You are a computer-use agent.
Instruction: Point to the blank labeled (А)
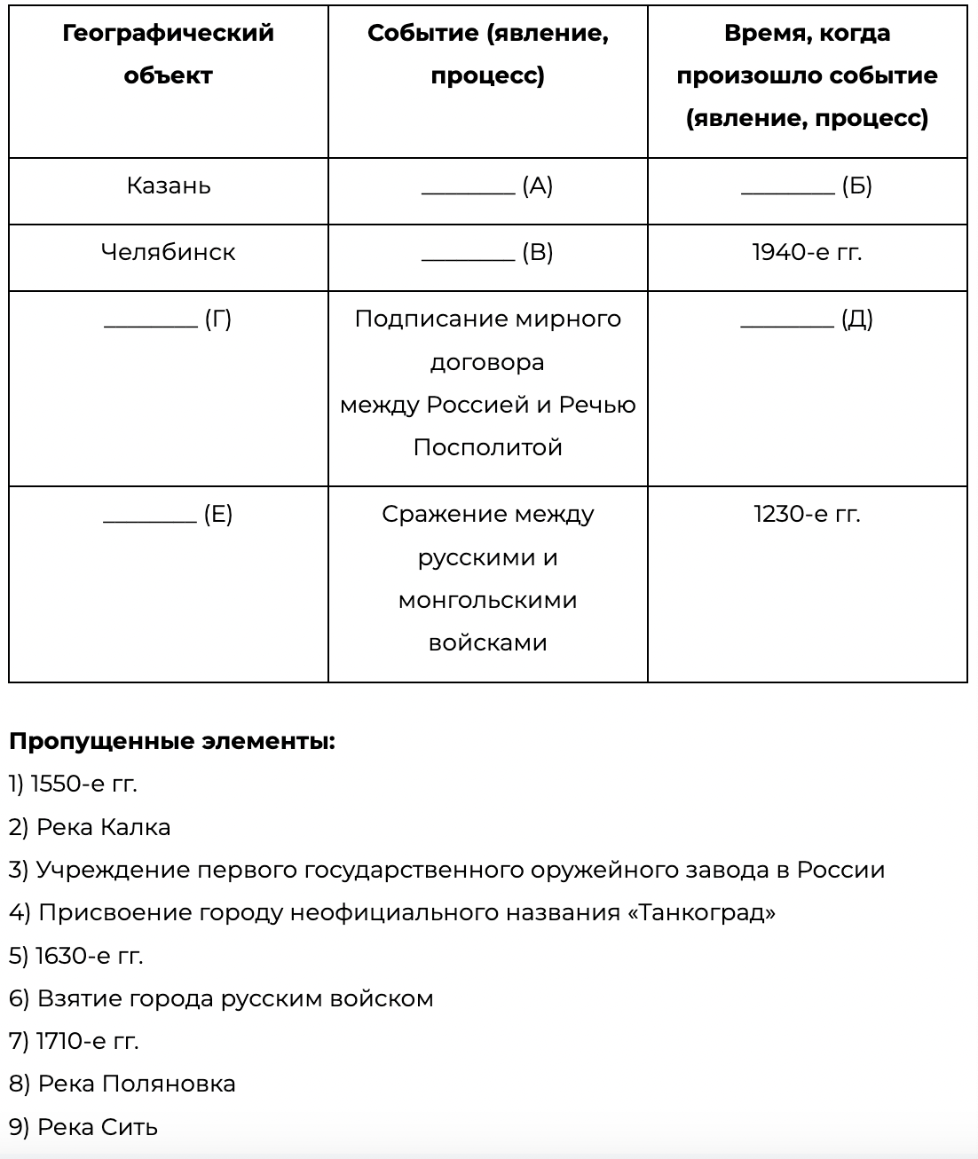469,188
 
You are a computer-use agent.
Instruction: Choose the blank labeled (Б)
788,188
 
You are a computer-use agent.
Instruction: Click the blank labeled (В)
469,255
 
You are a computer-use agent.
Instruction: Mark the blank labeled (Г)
151,321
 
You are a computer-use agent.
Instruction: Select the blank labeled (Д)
788,321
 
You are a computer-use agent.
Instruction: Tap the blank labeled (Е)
151,516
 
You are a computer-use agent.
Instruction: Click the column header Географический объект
169,54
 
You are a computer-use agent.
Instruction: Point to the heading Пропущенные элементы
172,742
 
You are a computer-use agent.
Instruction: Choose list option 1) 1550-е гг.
74,784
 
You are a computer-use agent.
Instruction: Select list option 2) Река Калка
90,828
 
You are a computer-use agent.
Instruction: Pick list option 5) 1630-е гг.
76,956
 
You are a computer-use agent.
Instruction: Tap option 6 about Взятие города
221,999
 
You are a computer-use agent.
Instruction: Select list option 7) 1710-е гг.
75,1042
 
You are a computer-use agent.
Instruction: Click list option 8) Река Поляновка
122,1084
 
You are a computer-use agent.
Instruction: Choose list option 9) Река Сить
83,1128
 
